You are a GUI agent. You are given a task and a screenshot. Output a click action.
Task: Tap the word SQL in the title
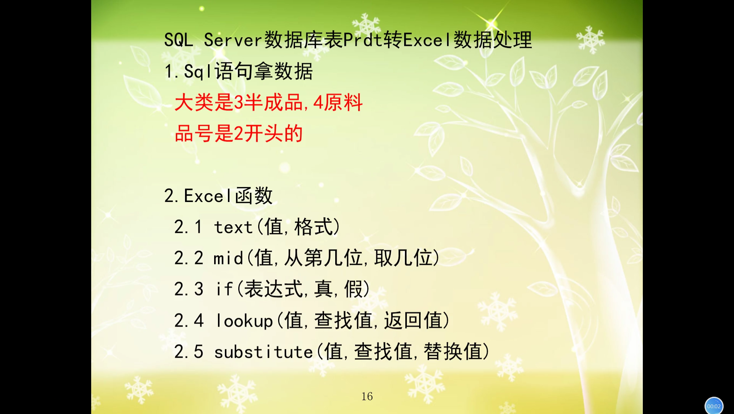179,40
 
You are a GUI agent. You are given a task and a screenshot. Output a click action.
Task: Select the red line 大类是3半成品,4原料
269,102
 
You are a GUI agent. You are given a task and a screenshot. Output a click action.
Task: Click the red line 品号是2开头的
239,134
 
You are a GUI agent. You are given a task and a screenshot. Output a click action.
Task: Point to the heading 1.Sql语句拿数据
238,71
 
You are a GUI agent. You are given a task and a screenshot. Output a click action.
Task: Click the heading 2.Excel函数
218,196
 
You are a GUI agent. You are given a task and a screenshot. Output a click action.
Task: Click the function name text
233,227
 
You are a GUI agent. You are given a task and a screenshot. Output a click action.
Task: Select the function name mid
228,258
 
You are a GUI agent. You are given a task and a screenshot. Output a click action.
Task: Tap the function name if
224,289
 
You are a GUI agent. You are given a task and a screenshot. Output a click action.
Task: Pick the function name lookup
244,320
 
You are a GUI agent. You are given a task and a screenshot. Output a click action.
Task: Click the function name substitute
264,352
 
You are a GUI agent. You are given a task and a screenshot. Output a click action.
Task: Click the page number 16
367,396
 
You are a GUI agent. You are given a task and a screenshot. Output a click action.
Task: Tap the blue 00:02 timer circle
714,406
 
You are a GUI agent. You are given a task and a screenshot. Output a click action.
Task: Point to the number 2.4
188,320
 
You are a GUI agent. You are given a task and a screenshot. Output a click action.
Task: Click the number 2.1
188,227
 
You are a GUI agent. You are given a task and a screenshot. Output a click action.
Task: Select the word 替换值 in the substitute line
453,352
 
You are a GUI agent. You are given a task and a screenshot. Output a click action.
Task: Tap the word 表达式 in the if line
274,289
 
